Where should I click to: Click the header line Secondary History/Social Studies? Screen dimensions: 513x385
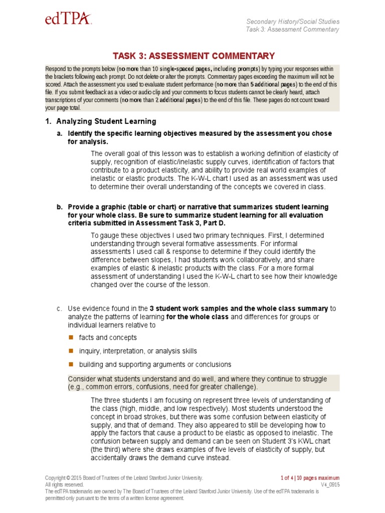293,22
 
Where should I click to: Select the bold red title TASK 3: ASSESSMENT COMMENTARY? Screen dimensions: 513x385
194,56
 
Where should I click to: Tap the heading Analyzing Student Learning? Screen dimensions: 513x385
106,121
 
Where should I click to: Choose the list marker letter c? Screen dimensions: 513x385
59,309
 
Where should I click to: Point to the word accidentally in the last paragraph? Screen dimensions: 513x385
113,458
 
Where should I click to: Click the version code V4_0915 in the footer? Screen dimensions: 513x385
330,485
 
